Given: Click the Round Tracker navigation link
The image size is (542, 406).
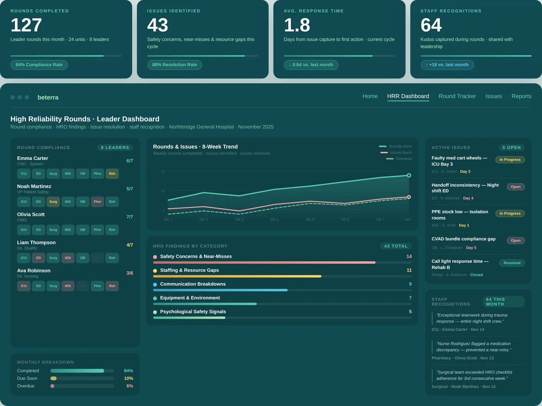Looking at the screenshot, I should click(457, 96).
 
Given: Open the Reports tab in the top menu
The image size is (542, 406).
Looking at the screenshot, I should click(521, 96).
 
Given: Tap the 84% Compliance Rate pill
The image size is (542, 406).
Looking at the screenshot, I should click(39, 65).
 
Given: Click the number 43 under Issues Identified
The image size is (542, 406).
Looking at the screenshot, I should click(157, 25).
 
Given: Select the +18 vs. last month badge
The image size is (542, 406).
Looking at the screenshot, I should click(447, 65).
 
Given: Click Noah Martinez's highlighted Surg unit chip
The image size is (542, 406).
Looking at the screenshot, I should click(53, 202).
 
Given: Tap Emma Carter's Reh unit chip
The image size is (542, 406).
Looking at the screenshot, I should click(112, 174).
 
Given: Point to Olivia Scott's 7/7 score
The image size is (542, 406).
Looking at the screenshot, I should click(130, 217).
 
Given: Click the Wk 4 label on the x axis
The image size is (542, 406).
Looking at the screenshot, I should click(274, 219).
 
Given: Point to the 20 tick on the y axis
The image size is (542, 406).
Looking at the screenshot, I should click(163, 171).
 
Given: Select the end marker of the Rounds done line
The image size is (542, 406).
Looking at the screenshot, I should click(409, 175).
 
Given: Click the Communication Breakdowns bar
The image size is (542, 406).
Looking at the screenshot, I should click(220, 290).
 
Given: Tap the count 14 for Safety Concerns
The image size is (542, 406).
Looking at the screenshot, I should click(409, 257).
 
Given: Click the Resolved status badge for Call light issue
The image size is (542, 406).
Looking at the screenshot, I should click(512, 263).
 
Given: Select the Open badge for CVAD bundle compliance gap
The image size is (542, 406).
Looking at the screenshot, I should click(515, 240).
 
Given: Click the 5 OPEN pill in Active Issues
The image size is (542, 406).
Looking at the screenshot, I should click(511, 147).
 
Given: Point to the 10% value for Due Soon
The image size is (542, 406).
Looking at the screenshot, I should click(128, 379).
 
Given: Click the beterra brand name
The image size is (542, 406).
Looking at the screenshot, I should click(48, 98).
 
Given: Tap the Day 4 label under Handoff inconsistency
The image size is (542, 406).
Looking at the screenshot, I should click(468, 198).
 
